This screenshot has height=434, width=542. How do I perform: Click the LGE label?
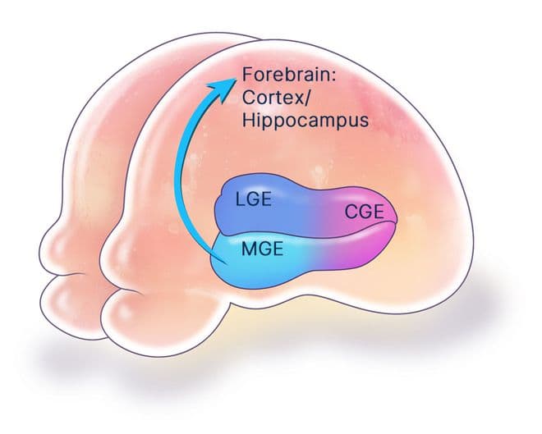(x=251, y=199)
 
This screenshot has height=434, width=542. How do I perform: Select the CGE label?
(x=364, y=211)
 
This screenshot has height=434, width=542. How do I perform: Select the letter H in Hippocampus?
(x=247, y=120)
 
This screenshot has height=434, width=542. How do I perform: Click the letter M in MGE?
(x=248, y=249)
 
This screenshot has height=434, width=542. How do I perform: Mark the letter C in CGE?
(x=351, y=211)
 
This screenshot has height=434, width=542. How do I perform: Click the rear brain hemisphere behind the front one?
(x=90, y=164)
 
